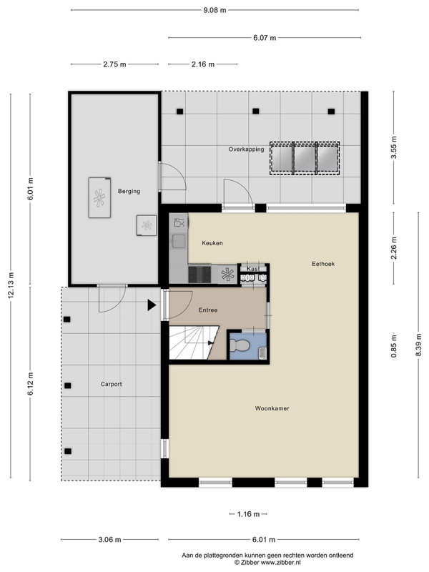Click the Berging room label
[x=129, y=191]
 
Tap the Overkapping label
[x=246, y=149]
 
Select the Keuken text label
[x=212, y=243]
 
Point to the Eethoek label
[x=323, y=264]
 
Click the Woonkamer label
[x=272, y=408]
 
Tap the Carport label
[x=112, y=384]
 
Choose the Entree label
[x=208, y=310]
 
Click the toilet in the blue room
[x=240, y=345]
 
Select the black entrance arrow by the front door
[x=152, y=305]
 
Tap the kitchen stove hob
[x=199, y=275]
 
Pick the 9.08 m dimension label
[x=214, y=10]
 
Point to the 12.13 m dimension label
[x=11, y=285]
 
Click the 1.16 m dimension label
[x=248, y=514]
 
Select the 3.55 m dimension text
[x=394, y=147]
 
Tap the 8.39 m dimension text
[x=418, y=345]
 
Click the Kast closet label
[x=254, y=269]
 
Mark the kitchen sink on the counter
[x=179, y=241]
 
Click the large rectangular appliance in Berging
[x=99, y=198]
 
